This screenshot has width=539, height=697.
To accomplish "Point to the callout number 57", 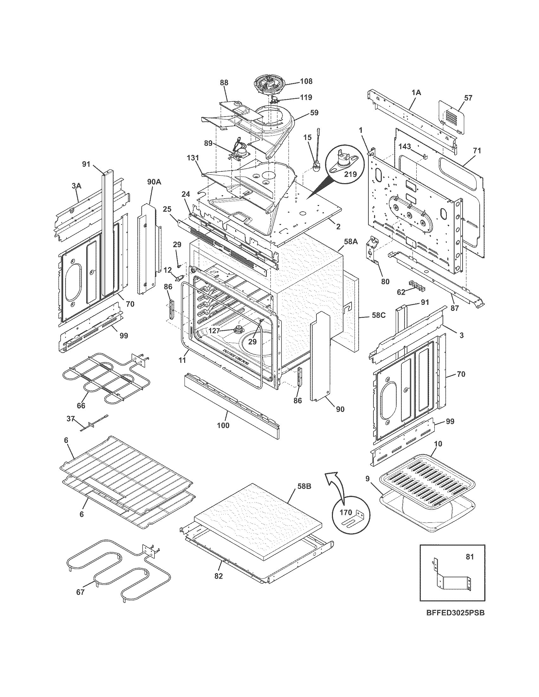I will tap(468, 98).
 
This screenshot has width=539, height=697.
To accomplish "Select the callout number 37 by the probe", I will tap(71, 418).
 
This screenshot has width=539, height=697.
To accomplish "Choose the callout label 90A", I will tap(154, 182).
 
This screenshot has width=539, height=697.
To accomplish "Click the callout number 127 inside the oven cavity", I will tap(214, 331).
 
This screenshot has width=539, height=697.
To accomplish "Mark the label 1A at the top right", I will tap(416, 93).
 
